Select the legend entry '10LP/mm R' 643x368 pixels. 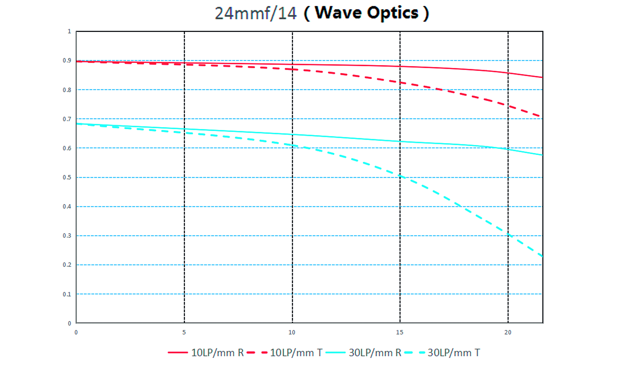206,353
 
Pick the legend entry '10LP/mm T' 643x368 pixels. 285,353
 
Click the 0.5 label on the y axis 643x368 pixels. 67,177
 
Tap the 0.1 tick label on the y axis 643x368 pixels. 67,294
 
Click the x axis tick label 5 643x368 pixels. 184,332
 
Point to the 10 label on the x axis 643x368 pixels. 292,332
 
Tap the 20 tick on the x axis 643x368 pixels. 508,332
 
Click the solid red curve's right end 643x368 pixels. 542,77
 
